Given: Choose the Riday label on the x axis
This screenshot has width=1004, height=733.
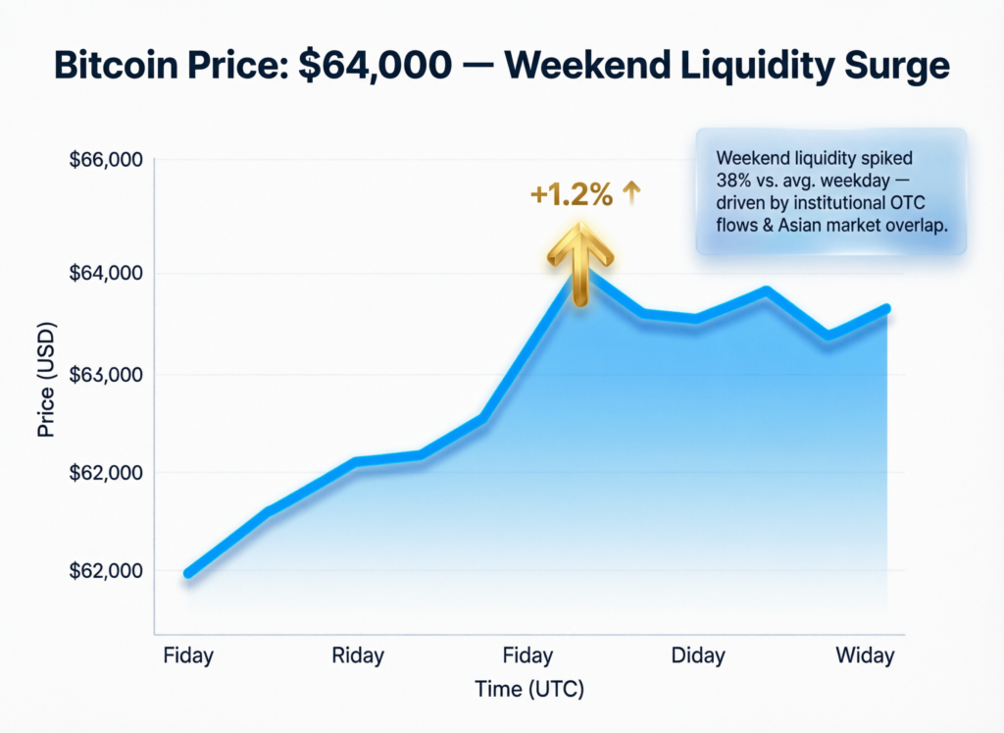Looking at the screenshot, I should (357, 655).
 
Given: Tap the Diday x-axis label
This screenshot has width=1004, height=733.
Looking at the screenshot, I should (699, 655).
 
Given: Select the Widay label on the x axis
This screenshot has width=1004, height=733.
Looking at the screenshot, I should (865, 655).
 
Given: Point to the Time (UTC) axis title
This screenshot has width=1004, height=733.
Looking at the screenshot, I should (529, 689).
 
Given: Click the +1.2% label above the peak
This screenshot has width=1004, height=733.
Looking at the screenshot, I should (572, 195).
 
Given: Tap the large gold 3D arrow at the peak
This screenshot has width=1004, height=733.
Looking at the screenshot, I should (581, 260).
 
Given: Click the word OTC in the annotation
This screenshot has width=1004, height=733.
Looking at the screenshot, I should (909, 203).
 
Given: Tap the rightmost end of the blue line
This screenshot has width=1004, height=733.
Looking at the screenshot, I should (886, 309).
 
